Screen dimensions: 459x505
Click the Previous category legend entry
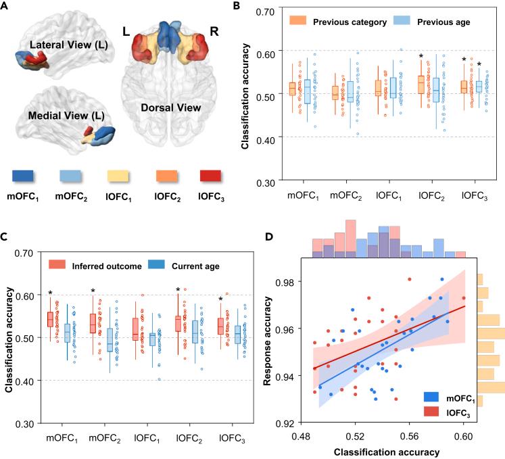(x=347, y=22)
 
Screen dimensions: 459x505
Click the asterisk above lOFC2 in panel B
(x=420, y=57)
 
